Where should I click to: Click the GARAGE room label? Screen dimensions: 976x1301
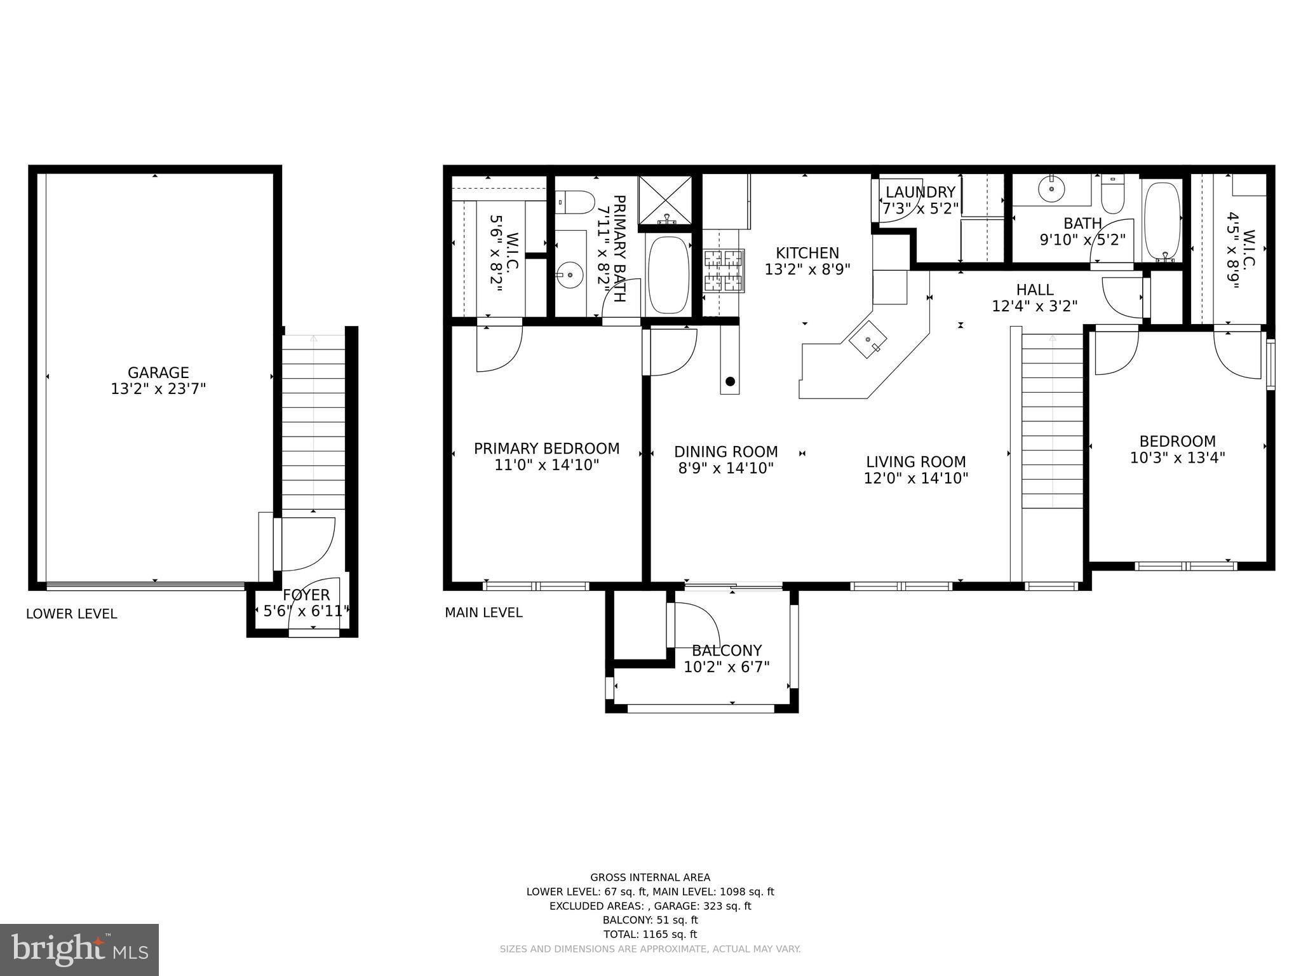pos(158,373)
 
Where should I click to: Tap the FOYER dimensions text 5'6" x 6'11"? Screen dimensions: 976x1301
pos(306,611)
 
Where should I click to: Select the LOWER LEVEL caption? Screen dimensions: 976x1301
pos(71,614)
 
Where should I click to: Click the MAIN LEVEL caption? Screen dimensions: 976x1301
pos(483,613)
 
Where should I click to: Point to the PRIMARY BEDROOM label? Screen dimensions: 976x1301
pos(546,449)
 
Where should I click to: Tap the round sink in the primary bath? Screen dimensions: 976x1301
pos(570,275)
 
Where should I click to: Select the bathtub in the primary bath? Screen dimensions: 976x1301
pos(668,274)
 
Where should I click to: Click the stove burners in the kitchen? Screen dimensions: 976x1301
pos(723,271)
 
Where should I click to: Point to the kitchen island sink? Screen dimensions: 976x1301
pos(868,341)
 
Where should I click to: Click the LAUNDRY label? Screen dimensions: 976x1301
pos(920,192)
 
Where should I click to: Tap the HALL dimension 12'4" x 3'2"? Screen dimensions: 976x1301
pos(1035,306)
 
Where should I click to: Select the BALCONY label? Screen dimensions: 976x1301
pos(726,651)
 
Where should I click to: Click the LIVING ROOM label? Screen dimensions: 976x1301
pos(915,462)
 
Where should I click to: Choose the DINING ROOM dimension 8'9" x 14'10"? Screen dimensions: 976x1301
pos(725,469)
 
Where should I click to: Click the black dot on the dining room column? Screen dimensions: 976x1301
pos(730,381)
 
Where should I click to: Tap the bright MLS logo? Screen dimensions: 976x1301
pos(79,949)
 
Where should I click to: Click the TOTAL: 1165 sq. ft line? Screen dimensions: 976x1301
pos(650,934)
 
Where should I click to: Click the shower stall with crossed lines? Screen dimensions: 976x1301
pos(665,200)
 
